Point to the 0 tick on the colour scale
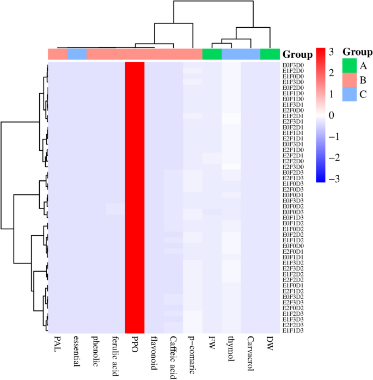coord(331,115)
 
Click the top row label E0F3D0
coord(293,65)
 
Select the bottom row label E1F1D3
coord(293,330)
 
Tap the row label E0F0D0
coord(293,246)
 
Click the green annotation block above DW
coord(270,54)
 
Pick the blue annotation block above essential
coord(77,54)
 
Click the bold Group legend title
coord(357,52)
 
